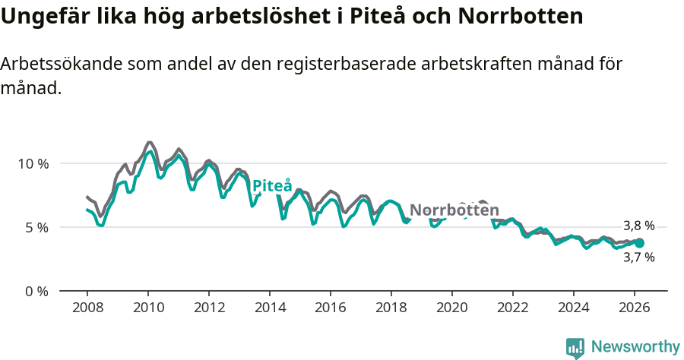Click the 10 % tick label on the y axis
(33, 163)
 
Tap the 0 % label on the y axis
(36, 291)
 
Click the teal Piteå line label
(271, 186)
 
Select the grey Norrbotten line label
(454, 210)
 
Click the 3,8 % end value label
(638, 226)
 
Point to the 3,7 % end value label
(638, 257)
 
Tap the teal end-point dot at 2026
(639, 243)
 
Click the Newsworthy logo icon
(575, 348)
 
